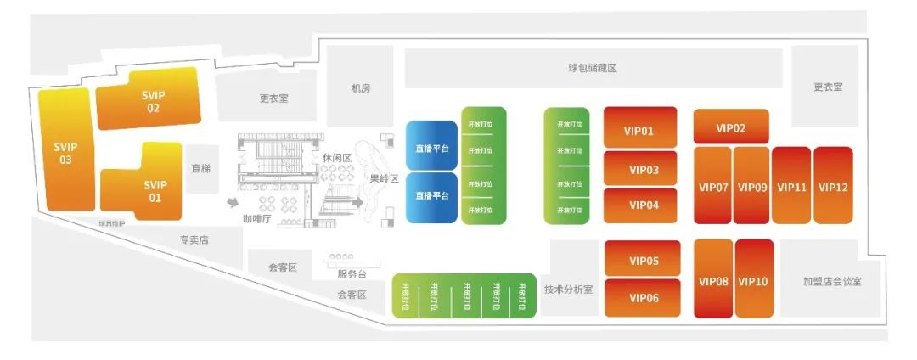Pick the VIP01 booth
point(640,131)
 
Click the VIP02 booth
point(730,127)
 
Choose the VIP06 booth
point(644,298)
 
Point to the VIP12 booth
point(833,187)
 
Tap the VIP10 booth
point(753,280)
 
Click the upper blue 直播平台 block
point(432,148)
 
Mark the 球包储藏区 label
point(592,68)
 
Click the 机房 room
point(360,87)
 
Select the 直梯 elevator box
point(200,169)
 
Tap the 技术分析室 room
point(569,289)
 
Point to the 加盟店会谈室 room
point(831,281)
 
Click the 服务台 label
point(352,273)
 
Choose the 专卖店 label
point(194,240)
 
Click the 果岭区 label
point(384,178)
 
